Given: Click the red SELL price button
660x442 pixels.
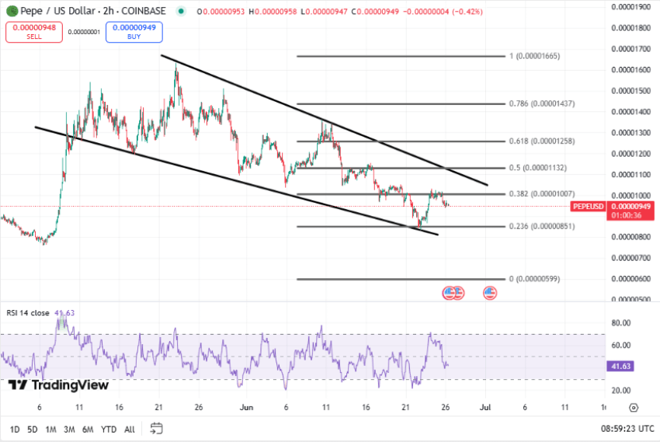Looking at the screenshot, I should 33,32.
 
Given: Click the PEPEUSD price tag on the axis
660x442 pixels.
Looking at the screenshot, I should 588,206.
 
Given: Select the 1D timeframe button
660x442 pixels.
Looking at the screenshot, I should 15,429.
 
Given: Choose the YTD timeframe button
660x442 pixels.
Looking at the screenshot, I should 108,429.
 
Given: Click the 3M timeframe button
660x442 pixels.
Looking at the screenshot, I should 69,429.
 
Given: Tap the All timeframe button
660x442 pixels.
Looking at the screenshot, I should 130,429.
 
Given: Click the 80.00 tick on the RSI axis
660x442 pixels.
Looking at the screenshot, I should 620,322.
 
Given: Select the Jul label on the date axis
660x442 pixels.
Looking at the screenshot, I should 485,406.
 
